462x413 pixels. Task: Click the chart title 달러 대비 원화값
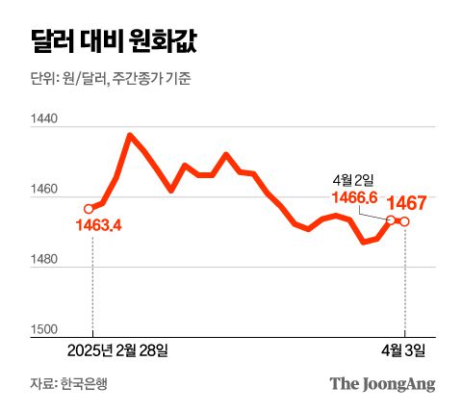click(105, 43)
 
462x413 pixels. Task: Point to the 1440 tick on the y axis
click(45, 120)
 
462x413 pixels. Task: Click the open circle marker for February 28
click(90, 208)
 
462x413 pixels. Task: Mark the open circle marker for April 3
click(404, 222)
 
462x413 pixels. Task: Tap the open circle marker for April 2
click(391, 219)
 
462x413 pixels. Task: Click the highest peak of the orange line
click(130, 135)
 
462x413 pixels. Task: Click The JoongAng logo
click(382, 384)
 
